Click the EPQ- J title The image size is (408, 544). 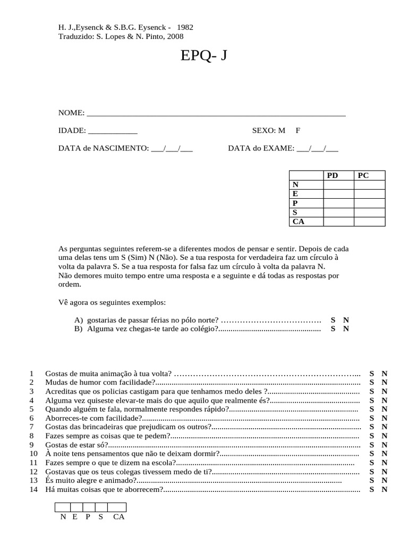[204, 56]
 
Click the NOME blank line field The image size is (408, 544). [215, 113]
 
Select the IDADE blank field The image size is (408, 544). [112, 131]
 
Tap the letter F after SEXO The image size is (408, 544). [298, 131]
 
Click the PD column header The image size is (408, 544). [333, 175]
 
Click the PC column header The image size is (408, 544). [363, 175]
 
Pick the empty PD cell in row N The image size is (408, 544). [339, 185]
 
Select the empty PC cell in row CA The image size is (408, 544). [369, 222]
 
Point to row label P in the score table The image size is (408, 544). [295, 203]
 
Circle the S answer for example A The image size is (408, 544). [333, 320]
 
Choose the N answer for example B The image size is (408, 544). [346, 329]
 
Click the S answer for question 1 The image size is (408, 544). [372, 373]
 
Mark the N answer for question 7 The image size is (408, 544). [385, 427]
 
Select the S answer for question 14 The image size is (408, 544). [372, 489]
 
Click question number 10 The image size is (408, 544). [34, 454]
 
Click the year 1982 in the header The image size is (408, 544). [185, 28]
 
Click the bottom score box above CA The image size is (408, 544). [117, 507]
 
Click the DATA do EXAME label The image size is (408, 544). [261, 149]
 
